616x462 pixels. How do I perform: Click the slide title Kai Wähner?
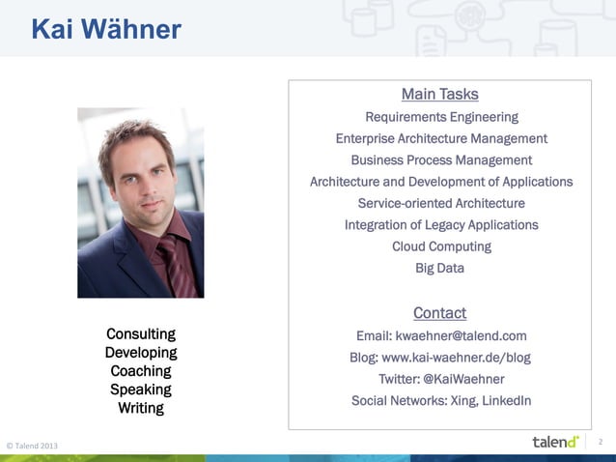[x=106, y=30]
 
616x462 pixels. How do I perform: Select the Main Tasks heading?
[x=439, y=94]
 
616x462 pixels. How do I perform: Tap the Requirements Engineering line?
[x=441, y=117]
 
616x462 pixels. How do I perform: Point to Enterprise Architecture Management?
[x=441, y=138]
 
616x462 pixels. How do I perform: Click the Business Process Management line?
[x=441, y=159]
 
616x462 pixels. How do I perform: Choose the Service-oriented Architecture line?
[x=441, y=203]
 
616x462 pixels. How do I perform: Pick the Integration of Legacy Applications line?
[x=441, y=224]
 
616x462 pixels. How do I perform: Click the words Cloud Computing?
[x=441, y=245]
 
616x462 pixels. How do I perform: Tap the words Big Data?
[x=439, y=268]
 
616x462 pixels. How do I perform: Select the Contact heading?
[x=439, y=312]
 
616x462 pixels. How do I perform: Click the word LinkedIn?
[x=502, y=400]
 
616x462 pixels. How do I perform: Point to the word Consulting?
[x=141, y=334]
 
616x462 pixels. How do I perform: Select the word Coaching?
[x=141, y=371]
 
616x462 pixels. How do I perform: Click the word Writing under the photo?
[x=141, y=408]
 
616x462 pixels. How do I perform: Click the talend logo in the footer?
[x=555, y=442]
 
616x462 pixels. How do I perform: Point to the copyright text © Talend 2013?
[x=32, y=445]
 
